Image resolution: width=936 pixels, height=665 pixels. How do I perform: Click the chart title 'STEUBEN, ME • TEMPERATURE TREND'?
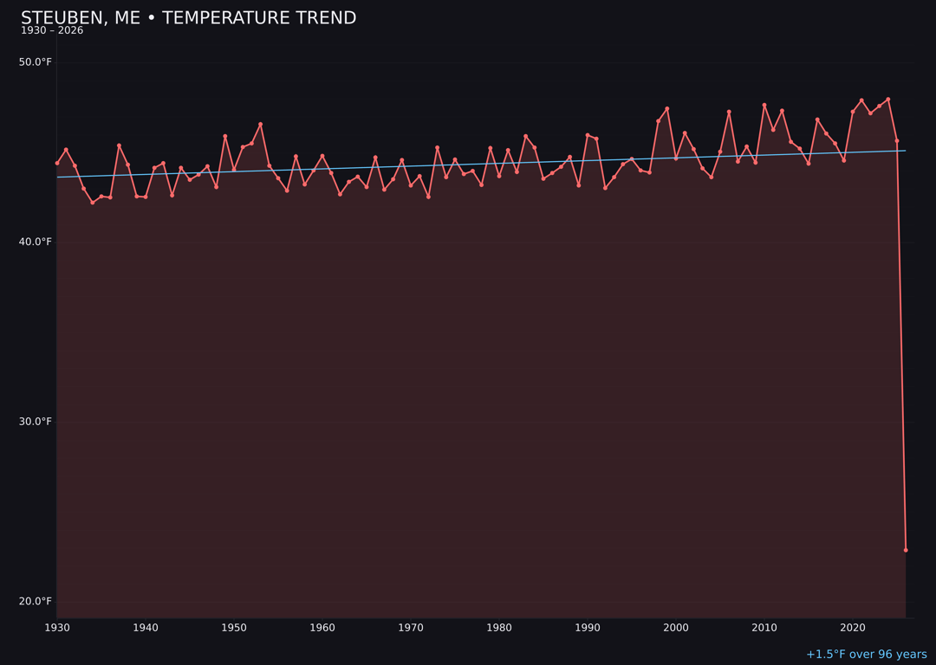pyautogui.click(x=188, y=18)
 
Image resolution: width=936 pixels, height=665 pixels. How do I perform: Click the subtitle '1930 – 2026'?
pyautogui.click(x=52, y=31)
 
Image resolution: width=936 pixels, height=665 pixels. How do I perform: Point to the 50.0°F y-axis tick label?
pyautogui.click(x=36, y=62)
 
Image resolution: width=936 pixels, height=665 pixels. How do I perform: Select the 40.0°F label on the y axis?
pyautogui.click(x=36, y=242)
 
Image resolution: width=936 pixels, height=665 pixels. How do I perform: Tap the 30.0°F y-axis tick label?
pyautogui.click(x=36, y=422)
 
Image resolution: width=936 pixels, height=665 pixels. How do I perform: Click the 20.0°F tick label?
pyautogui.click(x=36, y=601)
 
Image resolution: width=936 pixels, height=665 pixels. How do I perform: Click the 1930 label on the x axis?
pyautogui.click(x=57, y=628)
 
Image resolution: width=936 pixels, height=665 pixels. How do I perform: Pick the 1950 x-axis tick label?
pyautogui.click(x=234, y=628)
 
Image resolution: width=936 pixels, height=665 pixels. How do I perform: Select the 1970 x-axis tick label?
pyautogui.click(x=411, y=628)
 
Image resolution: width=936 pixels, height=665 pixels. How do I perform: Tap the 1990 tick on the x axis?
pyautogui.click(x=588, y=628)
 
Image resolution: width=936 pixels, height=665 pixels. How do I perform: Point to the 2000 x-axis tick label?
pyautogui.click(x=676, y=628)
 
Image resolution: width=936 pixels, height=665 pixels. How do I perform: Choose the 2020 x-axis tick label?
pyautogui.click(x=853, y=628)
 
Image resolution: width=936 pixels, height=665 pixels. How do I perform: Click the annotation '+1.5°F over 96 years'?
pyautogui.click(x=866, y=655)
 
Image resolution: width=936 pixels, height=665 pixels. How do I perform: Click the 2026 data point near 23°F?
pyautogui.click(x=906, y=550)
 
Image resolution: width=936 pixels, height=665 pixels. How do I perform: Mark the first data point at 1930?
pyautogui.click(x=57, y=163)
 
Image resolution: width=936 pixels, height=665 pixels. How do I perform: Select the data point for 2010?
pyautogui.click(x=764, y=105)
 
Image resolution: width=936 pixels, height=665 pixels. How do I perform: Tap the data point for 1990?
pyautogui.click(x=588, y=135)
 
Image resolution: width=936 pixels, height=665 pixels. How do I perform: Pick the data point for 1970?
pyautogui.click(x=411, y=185)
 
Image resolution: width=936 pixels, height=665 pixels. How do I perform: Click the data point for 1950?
pyautogui.click(x=234, y=170)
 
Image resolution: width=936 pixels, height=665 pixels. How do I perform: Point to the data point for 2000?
pyautogui.click(x=676, y=158)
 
